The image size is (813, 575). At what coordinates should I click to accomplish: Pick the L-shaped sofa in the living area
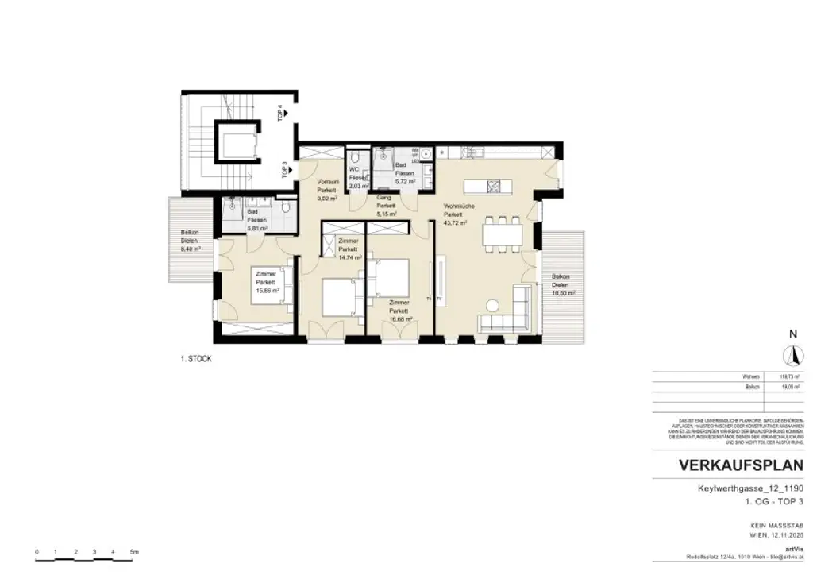[508, 314]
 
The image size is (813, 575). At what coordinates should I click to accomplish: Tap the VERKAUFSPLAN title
[730, 465]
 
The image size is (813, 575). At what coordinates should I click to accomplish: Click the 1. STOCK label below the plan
[196, 359]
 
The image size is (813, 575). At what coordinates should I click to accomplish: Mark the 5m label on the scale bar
[134, 551]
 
